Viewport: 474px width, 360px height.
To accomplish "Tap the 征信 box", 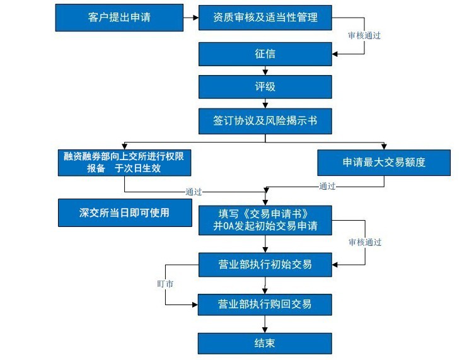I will tap(265, 54).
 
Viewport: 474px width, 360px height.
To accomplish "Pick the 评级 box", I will tap(265, 87).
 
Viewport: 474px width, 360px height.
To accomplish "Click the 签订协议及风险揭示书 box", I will tap(265, 120).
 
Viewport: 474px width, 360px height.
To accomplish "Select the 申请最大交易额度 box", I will tap(384, 163).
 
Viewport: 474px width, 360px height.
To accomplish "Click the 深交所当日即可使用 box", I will tap(124, 212).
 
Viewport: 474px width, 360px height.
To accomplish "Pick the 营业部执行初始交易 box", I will tap(265, 264).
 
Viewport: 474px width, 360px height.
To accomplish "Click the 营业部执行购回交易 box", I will tap(265, 305).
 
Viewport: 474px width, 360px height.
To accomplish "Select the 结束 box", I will tap(265, 343).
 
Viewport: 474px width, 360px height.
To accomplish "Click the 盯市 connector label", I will tap(165, 284).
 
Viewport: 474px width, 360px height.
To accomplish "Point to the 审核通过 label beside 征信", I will tap(364, 36).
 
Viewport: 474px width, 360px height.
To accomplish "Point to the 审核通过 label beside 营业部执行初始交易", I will tap(364, 242).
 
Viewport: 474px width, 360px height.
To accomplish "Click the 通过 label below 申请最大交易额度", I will tap(327, 186).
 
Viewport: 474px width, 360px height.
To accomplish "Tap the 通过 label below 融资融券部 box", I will tap(194, 191).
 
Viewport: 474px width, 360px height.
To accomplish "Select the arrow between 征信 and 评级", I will tap(265, 71).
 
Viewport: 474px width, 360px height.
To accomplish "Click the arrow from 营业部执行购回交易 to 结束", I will tap(265, 324).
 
